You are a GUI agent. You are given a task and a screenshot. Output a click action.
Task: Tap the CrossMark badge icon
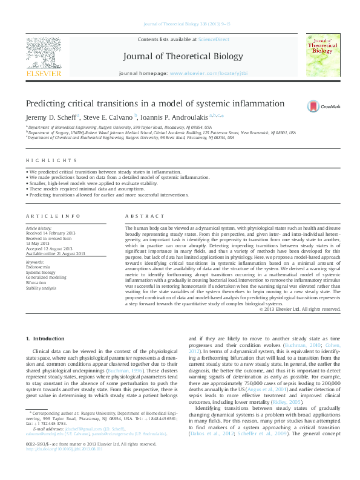coord(314,105)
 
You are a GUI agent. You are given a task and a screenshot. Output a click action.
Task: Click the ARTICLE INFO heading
coord(53,216)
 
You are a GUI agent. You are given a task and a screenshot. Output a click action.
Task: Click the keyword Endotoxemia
coord(39,266)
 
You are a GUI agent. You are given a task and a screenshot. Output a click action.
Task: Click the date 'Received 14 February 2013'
coord(51,233)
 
